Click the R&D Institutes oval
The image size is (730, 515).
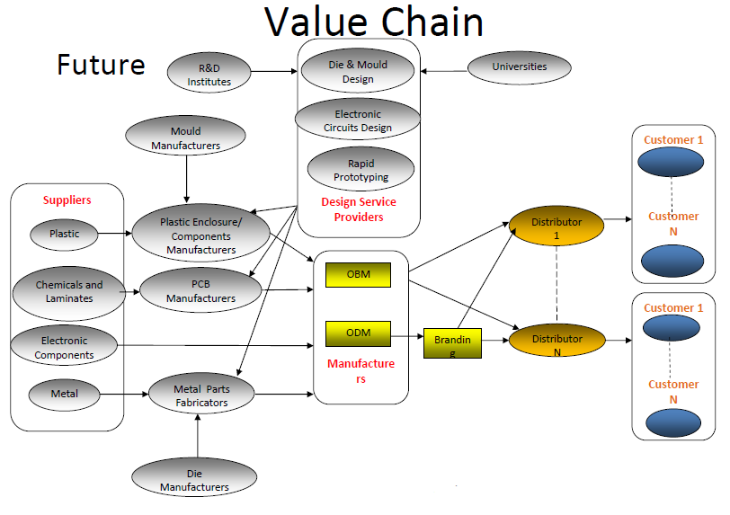tap(209, 74)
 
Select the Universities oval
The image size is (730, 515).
tap(519, 67)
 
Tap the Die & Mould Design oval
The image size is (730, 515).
tap(357, 71)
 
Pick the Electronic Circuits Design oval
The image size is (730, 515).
tap(357, 120)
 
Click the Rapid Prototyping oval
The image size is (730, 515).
tap(361, 170)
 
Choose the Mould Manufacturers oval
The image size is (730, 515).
tap(185, 138)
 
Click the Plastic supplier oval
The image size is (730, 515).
tap(64, 234)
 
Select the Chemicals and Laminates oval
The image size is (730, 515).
tap(69, 291)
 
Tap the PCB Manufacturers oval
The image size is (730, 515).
tap(200, 291)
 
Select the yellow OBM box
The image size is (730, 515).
tap(358, 274)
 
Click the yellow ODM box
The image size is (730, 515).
tap(358, 333)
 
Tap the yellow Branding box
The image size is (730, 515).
tap(452, 342)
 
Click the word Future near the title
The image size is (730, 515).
tap(101, 65)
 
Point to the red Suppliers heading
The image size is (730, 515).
tap(67, 200)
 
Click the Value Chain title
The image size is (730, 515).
tap(374, 22)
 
